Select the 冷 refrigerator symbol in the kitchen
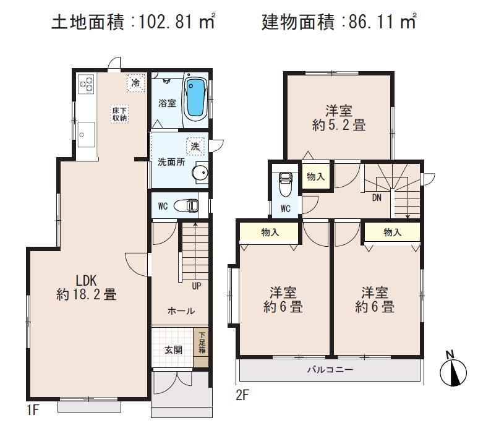[135, 82]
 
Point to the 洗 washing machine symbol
[195, 147]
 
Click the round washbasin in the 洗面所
[200, 173]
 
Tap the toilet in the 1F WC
[187, 205]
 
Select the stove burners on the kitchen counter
[85, 83]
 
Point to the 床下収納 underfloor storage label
[119, 114]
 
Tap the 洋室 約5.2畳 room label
[339, 118]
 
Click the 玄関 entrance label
[173, 349]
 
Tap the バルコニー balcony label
[329, 370]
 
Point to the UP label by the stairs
[195, 286]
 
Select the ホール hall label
[181, 310]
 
